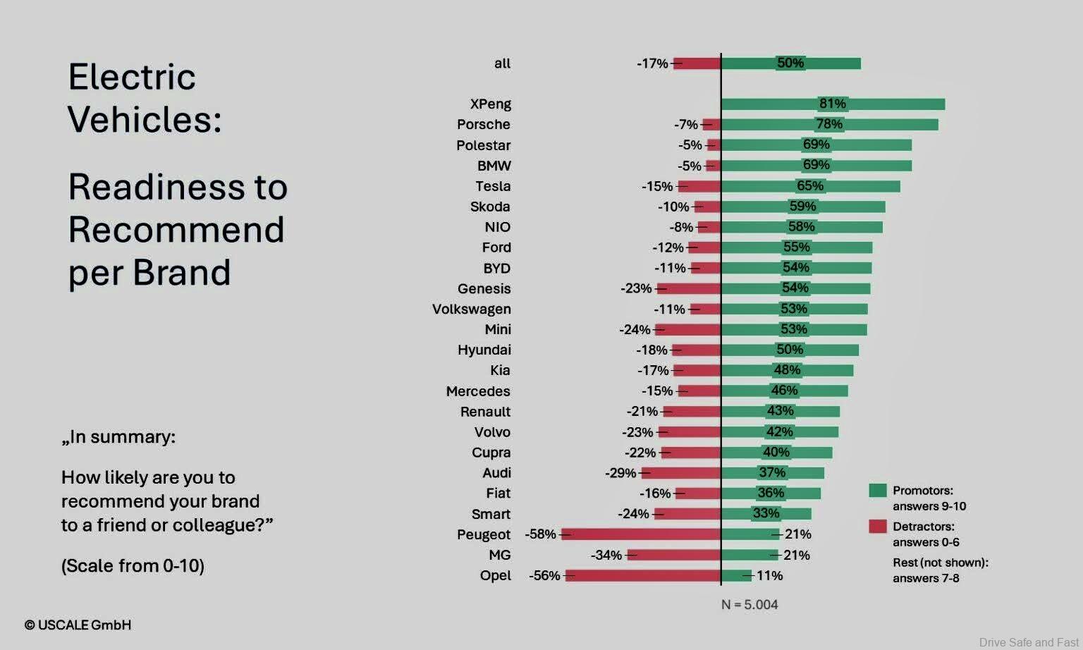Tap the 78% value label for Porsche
tap(829, 124)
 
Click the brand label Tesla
tap(493, 186)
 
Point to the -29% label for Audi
tap(620, 473)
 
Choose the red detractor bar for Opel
tap(643, 575)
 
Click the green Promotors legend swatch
tap(877, 491)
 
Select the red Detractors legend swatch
tap(877, 526)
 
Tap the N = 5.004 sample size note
tap(749, 605)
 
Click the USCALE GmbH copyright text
tap(78, 625)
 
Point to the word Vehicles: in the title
tap(145, 119)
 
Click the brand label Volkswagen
tap(472, 309)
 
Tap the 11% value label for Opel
tap(769, 576)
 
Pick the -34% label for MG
tap(606, 556)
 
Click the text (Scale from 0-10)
tap(133, 566)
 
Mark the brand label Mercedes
tap(478, 391)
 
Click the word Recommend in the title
tap(176, 230)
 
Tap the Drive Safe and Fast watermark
tap(1029, 642)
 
